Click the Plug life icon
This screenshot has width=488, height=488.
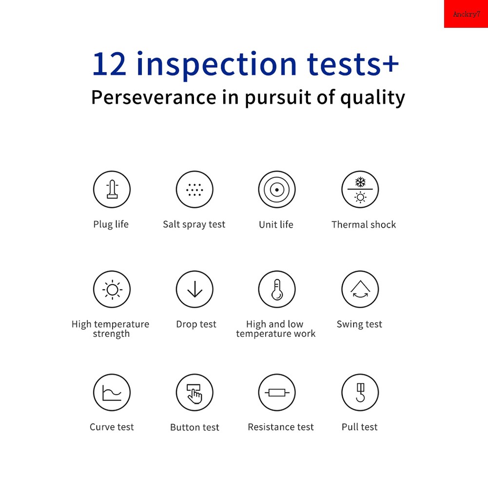click(x=112, y=189)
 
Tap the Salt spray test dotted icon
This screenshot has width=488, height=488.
click(x=195, y=189)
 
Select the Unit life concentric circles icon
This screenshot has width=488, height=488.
click(x=277, y=189)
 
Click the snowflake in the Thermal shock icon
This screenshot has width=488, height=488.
click(x=360, y=182)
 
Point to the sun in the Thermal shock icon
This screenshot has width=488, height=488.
click(x=360, y=197)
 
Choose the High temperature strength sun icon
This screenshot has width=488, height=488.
click(x=112, y=290)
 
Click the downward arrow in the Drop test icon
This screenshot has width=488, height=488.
click(x=195, y=289)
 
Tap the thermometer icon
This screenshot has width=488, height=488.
click(x=277, y=290)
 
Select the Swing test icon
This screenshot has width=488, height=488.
click(x=360, y=289)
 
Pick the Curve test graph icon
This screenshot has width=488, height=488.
click(x=112, y=392)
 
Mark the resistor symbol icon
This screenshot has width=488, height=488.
click(x=277, y=392)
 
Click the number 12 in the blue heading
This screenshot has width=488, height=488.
click(x=109, y=64)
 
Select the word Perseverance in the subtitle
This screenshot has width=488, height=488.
click(x=154, y=97)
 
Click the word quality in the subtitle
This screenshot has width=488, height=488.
click(x=372, y=98)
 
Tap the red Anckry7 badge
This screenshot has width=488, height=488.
click(x=466, y=14)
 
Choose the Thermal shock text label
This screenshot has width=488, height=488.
click(x=364, y=224)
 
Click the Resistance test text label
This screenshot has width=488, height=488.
click(x=281, y=427)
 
